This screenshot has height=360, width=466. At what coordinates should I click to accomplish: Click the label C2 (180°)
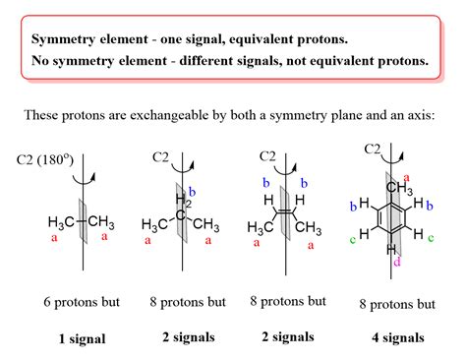[x=45, y=160]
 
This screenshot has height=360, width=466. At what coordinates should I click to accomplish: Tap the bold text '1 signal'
[x=83, y=338]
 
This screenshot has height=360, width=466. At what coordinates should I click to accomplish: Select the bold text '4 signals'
[x=398, y=337]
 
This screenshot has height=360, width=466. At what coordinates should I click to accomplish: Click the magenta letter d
[x=397, y=262]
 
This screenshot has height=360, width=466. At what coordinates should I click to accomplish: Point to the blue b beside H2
[x=193, y=192]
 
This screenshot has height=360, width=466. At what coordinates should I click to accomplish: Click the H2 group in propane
[x=183, y=201]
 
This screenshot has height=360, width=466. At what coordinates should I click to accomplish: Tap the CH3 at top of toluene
[x=399, y=188]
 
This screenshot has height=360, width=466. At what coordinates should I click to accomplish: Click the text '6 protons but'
[x=82, y=302]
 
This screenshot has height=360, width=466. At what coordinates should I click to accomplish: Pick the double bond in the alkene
[x=285, y=211]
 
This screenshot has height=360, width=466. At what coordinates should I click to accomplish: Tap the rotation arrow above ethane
[x=85, y=179]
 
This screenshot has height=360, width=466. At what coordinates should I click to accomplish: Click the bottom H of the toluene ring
[x=391, y=250]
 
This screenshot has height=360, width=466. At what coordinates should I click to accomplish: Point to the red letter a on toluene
[x=407, y=178]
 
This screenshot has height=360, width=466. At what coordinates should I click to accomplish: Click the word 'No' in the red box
[x=40, y=61]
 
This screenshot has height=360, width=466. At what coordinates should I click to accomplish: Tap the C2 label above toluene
[x=373, y=150]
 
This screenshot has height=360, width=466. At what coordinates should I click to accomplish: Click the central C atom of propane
[x=180, y=215]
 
